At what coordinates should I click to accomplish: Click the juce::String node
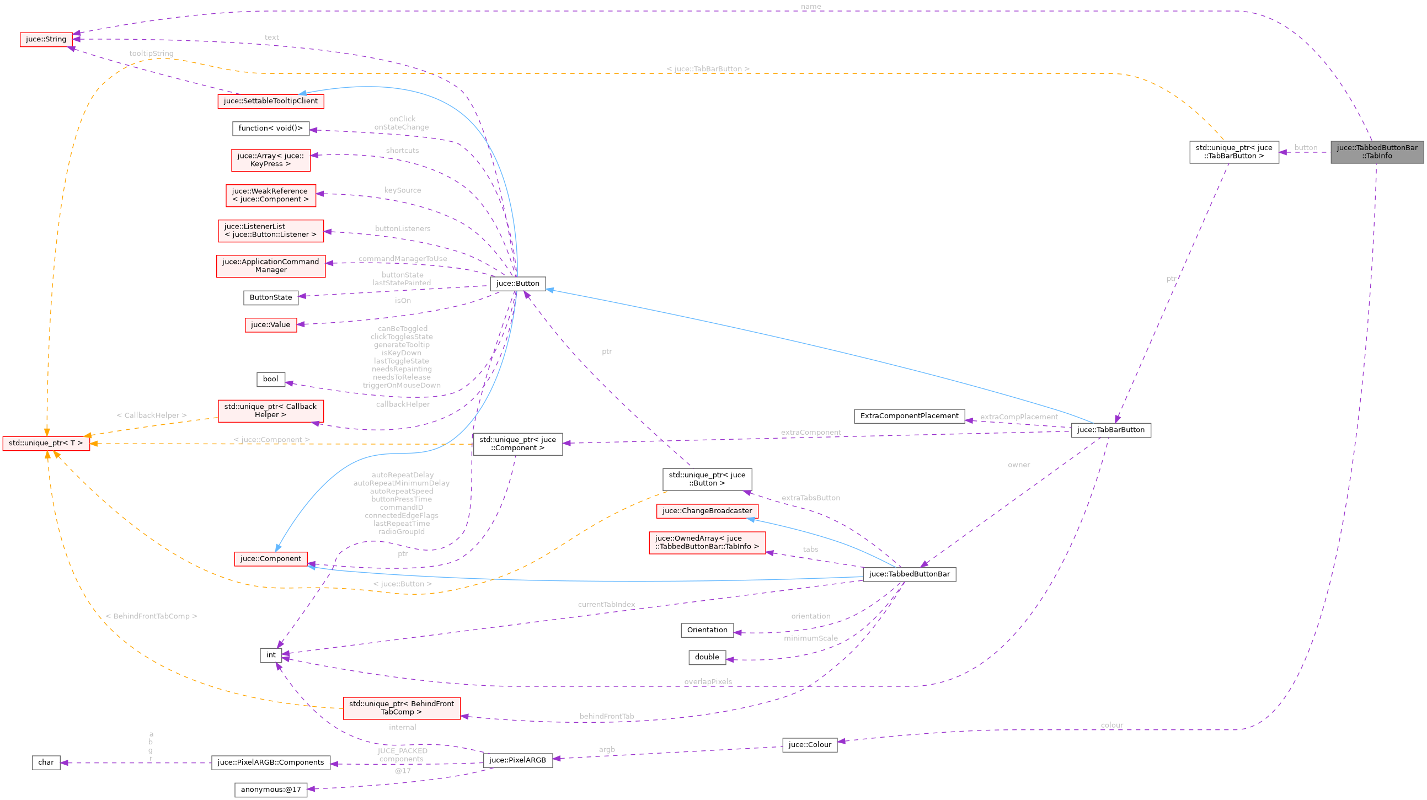(46, 39)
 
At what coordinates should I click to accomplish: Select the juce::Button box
(517, 284)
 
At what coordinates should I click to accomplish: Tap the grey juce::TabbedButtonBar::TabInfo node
(1377, 152)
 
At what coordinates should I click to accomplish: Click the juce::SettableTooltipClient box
(270, 101)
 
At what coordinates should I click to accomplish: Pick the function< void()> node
(270, 129)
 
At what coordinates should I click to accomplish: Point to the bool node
(270, 380)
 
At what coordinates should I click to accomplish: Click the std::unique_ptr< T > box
(45, 443)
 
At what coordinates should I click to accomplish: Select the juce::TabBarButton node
(1110, 430)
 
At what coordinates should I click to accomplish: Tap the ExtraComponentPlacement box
(908, 416)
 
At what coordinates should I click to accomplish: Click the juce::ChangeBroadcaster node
(707, 511)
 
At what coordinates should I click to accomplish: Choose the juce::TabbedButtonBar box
(908, 574)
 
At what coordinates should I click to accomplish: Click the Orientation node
(707, 630)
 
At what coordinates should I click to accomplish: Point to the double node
(707, 657)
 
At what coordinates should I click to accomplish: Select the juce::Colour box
(809, 745)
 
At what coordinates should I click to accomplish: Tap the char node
(46, 762)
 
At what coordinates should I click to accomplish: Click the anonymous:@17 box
(270, 790)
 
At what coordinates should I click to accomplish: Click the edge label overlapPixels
(707, 682)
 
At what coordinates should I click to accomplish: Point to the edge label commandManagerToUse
(402, 259)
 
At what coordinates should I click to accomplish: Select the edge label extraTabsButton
(810, 498)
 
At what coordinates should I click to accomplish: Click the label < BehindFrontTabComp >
(151, 616)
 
